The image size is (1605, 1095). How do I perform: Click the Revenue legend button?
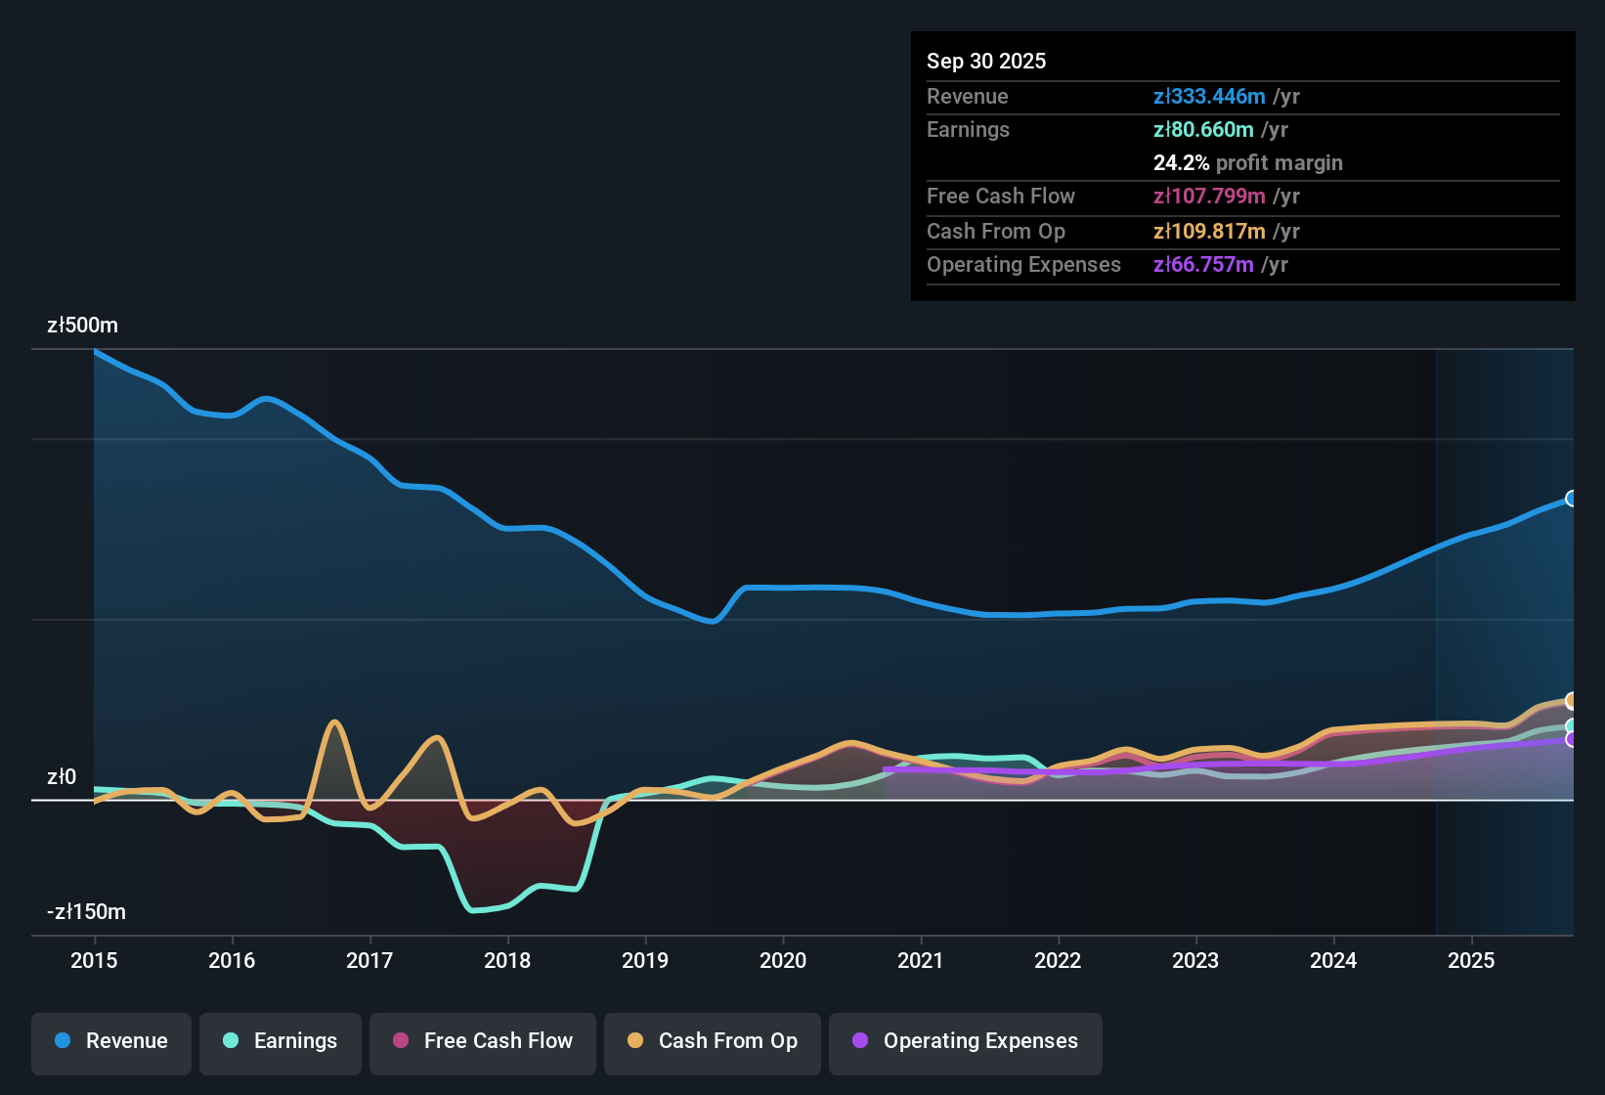pos(111,1041)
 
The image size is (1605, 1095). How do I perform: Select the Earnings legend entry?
pos(281,1041)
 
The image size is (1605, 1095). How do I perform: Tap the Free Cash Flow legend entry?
pos(483,1041)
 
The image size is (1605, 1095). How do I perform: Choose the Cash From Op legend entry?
pos(713,1041)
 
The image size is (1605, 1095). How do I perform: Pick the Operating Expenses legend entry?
pos(966,1041)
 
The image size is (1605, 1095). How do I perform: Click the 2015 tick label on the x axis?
pos(94,960)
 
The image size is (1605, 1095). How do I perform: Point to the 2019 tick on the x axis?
pos(645,960)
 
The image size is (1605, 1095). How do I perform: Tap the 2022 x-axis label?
pos(1058,960)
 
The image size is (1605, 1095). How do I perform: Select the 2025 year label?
pos(1471,960)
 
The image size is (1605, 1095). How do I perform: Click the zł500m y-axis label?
pos(82,326)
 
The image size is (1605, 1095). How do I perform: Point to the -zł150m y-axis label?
pos(86,912)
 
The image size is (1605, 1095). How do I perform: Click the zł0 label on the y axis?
pos(62,777)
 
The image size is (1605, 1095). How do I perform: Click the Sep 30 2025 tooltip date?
pos(986,61)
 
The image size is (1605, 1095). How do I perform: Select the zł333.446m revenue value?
pos(1209,96)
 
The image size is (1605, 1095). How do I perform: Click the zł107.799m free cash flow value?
pos(1209,196)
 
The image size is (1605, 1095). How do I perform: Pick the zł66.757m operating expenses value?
pos(1203,264)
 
